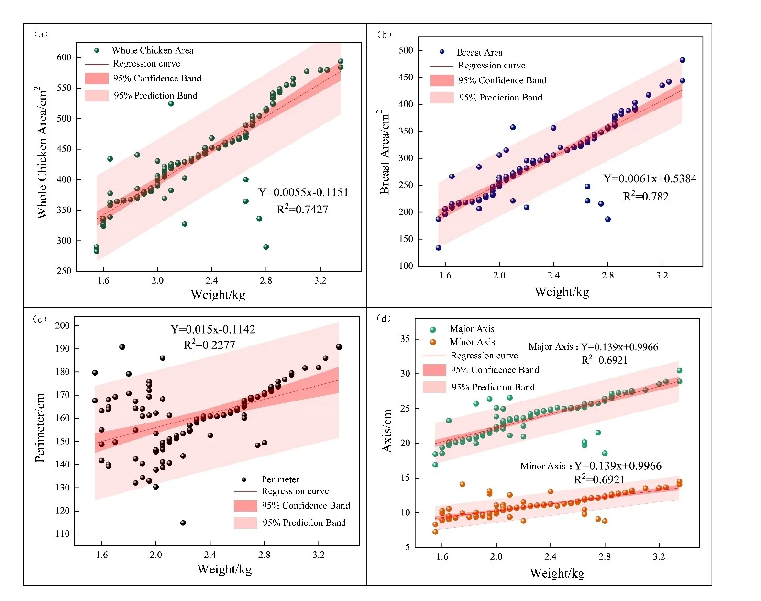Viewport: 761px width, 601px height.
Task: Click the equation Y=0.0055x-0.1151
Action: click(x=303, y=192)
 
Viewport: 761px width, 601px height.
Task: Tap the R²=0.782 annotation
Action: click(x=645, y=196)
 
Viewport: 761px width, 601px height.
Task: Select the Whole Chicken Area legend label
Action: click(x=153, y=50)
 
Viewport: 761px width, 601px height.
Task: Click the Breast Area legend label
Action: click(x=479, y=52)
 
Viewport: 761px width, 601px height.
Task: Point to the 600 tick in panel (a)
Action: click(x=64, y=57)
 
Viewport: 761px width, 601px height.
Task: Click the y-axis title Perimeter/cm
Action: click(x=40, y=427)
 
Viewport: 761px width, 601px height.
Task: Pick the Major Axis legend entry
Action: click(x=472, y=329)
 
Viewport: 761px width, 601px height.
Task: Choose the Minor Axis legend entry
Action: click(x=472, y=342)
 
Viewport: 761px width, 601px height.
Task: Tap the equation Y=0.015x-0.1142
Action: click(x=213, y=329)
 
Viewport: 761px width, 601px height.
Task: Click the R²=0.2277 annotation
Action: click(x=209, y=345)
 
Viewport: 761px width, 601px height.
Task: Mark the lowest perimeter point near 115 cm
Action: click(x=183, y=523)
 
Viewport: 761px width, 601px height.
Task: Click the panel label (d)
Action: click(x=384, y=318)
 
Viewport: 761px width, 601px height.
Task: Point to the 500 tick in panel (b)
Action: click(x=406, y=50)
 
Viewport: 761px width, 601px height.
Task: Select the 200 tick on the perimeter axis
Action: click(x=62, y=325)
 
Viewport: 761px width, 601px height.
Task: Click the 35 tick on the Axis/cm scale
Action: click(x=405, y=339)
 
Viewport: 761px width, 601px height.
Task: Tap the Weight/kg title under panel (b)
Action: click(x=562, y=292)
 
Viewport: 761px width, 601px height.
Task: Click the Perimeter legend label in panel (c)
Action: click(x=280, y=479)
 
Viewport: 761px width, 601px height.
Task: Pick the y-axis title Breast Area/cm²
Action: click(x=384, y=152)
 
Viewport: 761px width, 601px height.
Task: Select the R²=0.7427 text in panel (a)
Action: click(x=302, y=209)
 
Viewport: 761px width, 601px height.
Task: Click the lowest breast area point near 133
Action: click(x=438, y=248)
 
